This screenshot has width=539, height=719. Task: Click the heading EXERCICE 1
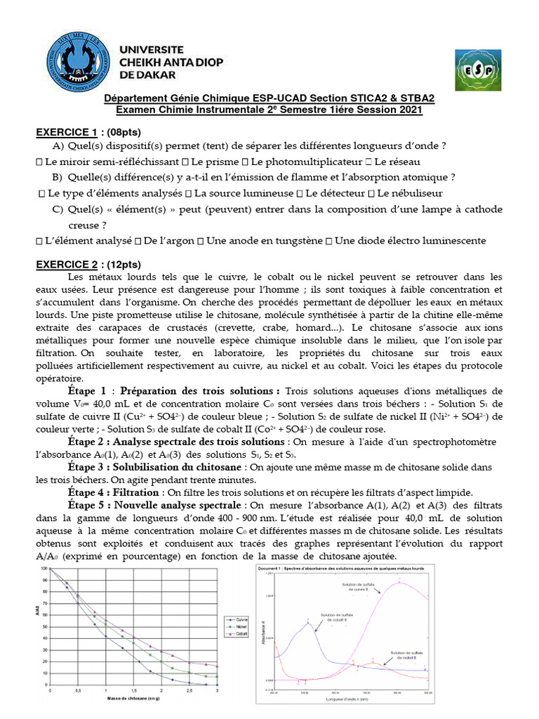(x=67, y=133)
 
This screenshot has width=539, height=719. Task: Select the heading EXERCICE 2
(x=67, y=264)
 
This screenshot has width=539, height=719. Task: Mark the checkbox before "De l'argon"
(x=137, y=240)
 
